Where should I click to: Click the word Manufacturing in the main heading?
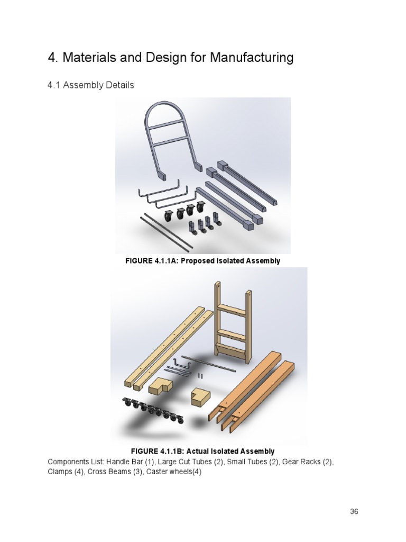pyautogui.click(x=252, y=57)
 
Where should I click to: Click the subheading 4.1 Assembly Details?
pyautogui.click(x=91, y=85)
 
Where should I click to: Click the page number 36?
pyautogui.click(x=354, y=512)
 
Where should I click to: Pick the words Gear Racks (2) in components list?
pyautogui.click(x=308, y=462)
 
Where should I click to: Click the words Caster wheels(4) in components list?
pyautogui.click(x=173, y=472)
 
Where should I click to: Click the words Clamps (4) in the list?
pyautogui.click(x=66, y=472)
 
